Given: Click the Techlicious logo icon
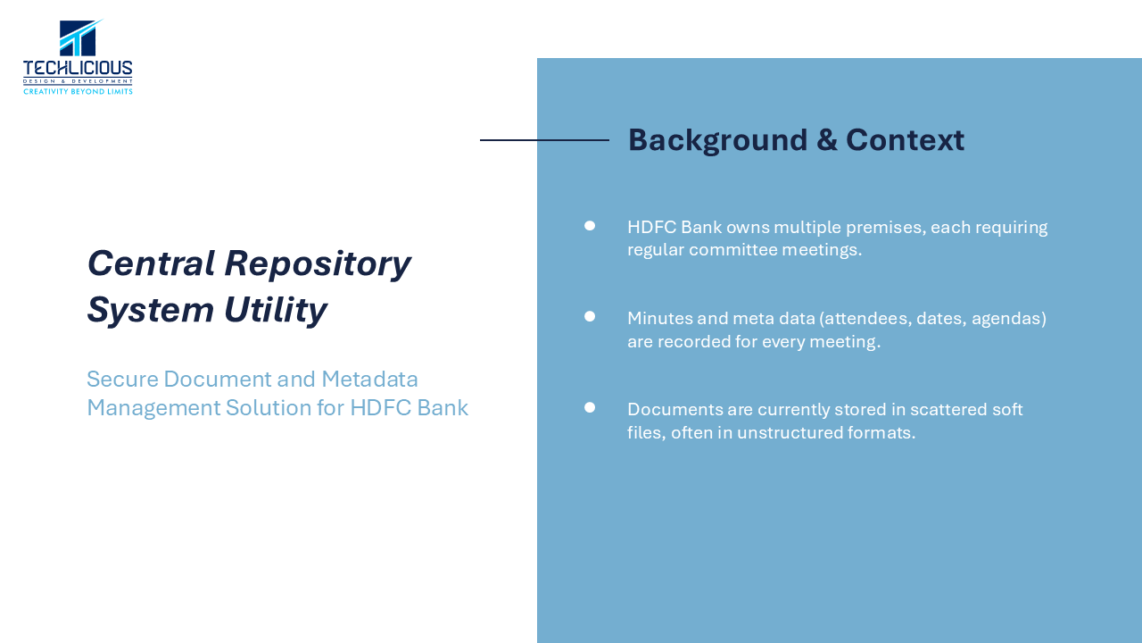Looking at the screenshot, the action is click(80, 38).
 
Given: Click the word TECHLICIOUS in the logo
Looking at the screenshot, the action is click(78, 69).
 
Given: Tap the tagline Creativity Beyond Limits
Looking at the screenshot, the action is click(78, 92).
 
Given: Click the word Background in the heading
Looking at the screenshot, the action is click(718, 140).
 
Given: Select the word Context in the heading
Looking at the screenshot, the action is click(905, 140).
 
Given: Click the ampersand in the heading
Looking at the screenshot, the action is click(827, 140).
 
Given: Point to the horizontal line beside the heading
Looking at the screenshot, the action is click(544, 140).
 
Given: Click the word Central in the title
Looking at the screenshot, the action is click(152, 263).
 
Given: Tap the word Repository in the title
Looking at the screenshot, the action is click(318, 264).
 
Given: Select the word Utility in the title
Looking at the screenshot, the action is click(276, 310).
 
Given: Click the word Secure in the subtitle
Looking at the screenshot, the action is click(123, 380).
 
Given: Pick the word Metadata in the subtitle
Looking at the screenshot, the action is click(369, 380).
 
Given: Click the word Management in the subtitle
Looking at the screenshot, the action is click(154, 408).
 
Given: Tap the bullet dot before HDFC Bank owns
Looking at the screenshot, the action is click(590, 226).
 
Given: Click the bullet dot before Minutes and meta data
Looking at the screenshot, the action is click(590, 316).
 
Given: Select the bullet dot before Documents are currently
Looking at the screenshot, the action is click(590, 407).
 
